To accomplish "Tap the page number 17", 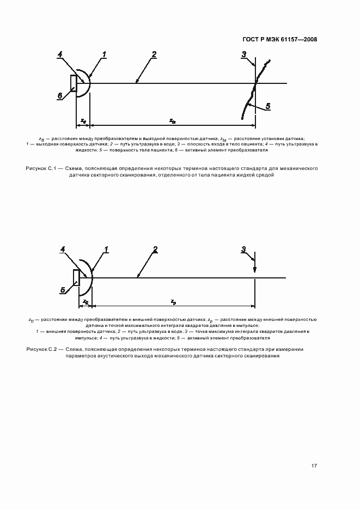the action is tap(314, 465).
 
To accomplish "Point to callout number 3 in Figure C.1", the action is tap(245, 54).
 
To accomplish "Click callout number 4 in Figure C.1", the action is tap(60, 54).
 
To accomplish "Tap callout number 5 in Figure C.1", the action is tap(267, 106).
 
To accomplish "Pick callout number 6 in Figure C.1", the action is tap(60, 95).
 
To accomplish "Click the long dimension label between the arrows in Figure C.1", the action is tap(172, 120).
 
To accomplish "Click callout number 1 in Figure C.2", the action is tap(107, 250).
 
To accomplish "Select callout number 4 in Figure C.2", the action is tap(63, 250).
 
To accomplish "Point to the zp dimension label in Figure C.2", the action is tap(173, 301).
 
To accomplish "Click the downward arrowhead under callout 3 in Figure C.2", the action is tap(255, 272).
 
